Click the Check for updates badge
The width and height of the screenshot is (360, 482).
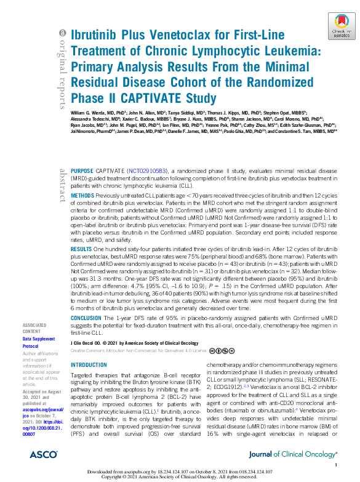341,27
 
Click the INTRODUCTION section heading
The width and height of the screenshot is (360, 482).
89,364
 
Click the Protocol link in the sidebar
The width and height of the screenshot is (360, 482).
31,346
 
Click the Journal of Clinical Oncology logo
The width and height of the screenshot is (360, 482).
292,454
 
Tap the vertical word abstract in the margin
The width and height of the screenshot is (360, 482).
62,185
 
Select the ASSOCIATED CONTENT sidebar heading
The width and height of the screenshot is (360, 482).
33,327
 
